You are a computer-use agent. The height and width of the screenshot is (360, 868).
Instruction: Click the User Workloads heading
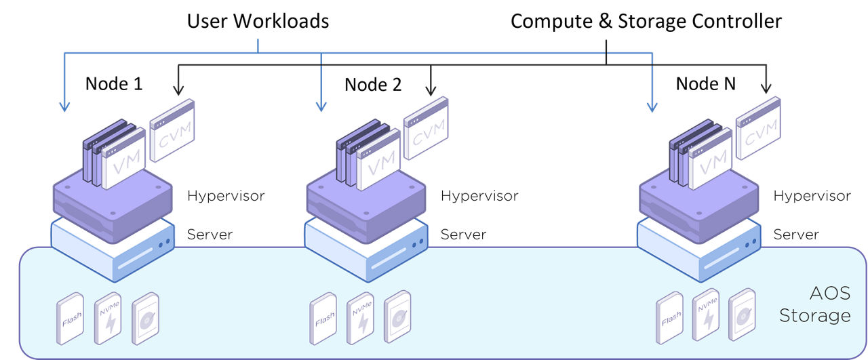(x=258, y=21)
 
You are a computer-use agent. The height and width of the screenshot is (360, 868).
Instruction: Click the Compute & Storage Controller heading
(x=646, y=21)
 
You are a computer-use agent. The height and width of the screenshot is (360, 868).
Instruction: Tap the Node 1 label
(x=114, y=84)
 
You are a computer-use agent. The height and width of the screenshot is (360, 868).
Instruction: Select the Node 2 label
(x=373, y=85)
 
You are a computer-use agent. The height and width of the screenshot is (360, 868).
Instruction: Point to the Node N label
(x=706, y=84)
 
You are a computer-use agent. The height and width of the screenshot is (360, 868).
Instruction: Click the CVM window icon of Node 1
(x=172, y=130)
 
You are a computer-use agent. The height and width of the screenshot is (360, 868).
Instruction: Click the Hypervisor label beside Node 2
(x=479, y=196)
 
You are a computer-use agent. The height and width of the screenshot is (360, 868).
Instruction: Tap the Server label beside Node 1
(x=210, y=235)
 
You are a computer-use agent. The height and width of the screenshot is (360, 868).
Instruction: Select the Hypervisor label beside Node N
(x=812, y=196)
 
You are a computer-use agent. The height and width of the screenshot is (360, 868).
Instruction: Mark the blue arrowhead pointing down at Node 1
(x=65, y=106)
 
